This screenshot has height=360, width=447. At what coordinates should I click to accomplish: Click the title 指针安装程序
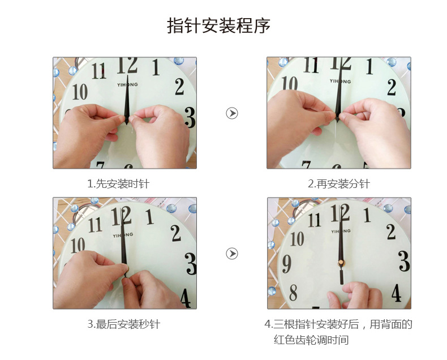click(x=218, y=25)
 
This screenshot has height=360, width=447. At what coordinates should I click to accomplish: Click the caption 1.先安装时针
click(x=118, y=184)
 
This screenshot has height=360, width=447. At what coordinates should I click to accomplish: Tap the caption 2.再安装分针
click(x=339, y=184)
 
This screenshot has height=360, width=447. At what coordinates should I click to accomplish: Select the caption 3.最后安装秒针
click(x=124, y=324)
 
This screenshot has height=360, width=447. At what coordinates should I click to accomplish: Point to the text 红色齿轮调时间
click(x=311, y=340)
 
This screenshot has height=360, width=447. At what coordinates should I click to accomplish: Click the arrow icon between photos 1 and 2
click(x=232, y=113)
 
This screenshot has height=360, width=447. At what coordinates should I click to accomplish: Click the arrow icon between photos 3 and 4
click(x=232, y=254)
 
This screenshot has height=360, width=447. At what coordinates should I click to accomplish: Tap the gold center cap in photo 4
click(x=341, y=263)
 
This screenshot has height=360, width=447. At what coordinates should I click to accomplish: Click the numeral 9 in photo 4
click(x=286, y=264)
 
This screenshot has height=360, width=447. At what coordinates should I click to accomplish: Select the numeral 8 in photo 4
click(x=293, y=292)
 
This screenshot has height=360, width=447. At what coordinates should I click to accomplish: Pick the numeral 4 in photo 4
click(x=396, y=293)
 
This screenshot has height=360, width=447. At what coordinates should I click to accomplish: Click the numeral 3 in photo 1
click(x=190, y=117)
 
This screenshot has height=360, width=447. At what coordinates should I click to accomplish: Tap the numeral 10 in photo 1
click(x=80, y=92)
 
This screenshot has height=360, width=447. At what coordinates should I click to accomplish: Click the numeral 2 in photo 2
click(x=392, y=87)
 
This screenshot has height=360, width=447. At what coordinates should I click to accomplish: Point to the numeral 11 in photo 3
click(x=95, y=225)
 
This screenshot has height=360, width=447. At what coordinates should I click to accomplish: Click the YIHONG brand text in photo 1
click(x=127, y=85)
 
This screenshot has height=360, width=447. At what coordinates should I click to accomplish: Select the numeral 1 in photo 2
click(x=369, y=66)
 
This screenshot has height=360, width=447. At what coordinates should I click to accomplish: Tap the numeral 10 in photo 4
click(x=297, y=238)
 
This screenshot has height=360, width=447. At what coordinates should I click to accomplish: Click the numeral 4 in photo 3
click(x=186, y=298)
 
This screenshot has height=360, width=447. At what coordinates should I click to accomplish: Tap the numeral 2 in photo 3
click(x=175, y=233)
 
